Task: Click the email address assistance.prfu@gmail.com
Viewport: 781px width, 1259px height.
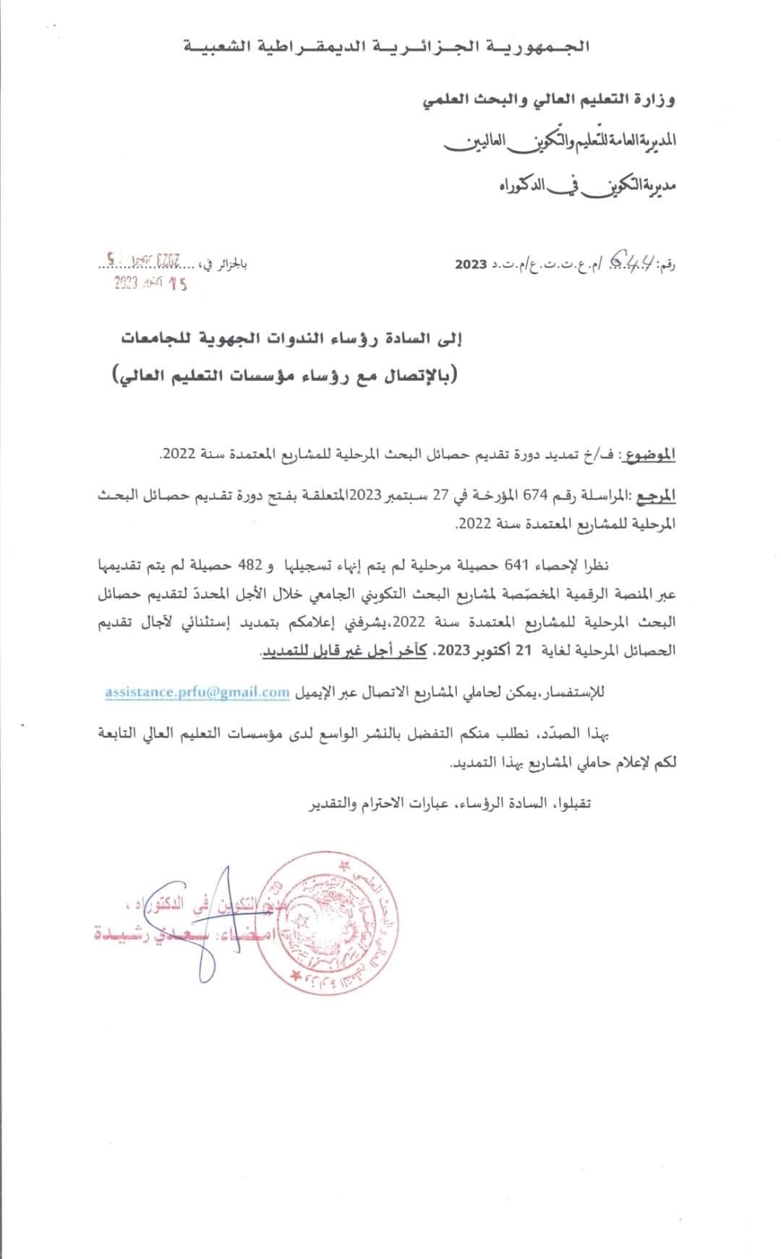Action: click(197, 692)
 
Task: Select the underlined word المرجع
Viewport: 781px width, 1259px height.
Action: click(658, 497)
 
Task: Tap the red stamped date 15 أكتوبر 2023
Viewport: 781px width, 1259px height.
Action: click(151, 284)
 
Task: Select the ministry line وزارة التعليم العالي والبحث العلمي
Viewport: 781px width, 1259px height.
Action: click(547, 100)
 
